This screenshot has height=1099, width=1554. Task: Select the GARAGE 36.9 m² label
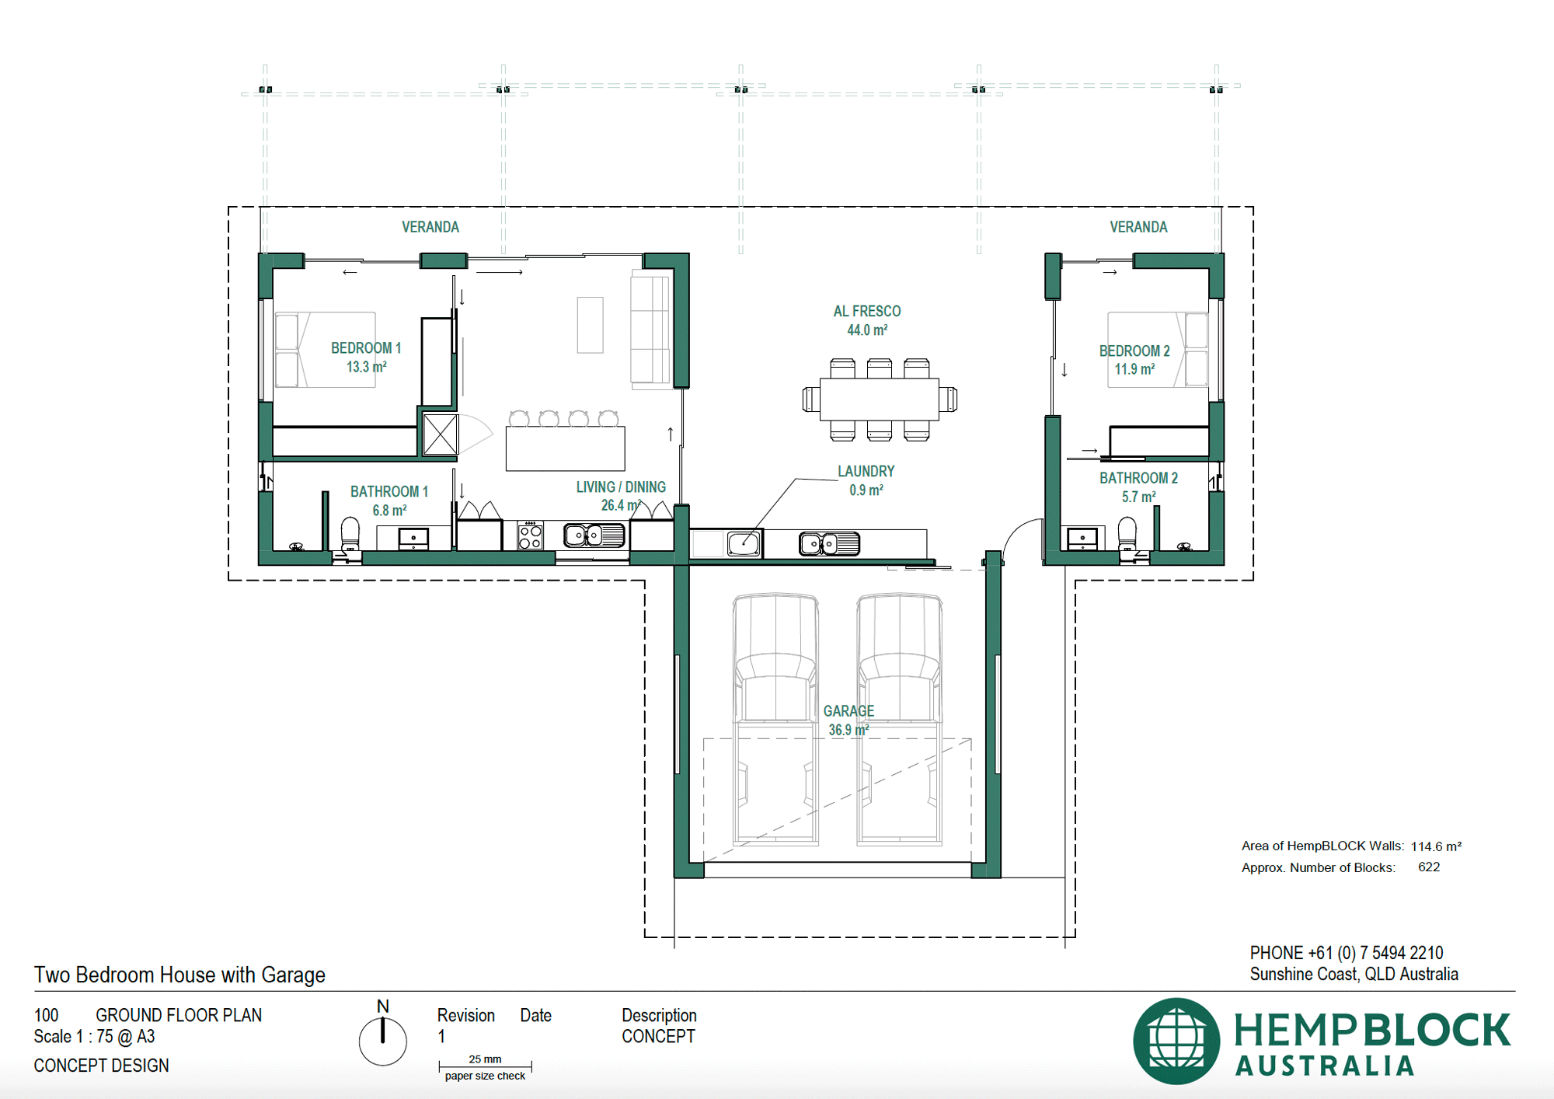coord(848,720)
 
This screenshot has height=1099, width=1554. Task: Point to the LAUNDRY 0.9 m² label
coord(866,480)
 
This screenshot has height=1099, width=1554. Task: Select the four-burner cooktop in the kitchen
coord(531,536)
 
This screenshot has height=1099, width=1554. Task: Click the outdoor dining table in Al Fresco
coord(880,399)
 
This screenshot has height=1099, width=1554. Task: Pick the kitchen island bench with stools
coord(565,448)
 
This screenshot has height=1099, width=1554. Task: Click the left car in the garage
coord(775,719)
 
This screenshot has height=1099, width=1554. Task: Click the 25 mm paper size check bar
coord(485,1066)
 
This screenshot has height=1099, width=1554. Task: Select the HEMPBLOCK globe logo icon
coord(1176,1041)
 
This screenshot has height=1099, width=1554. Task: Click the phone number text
coord(1346,953)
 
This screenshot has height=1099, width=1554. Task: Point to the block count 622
coord(1428,867)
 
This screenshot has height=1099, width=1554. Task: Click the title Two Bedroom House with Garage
coord(179,975)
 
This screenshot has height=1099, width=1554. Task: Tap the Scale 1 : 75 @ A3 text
coord(94,1037)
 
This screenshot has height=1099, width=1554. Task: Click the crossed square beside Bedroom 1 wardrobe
coord(441,434)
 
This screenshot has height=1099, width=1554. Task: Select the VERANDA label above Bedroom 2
coord(1138,227)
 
